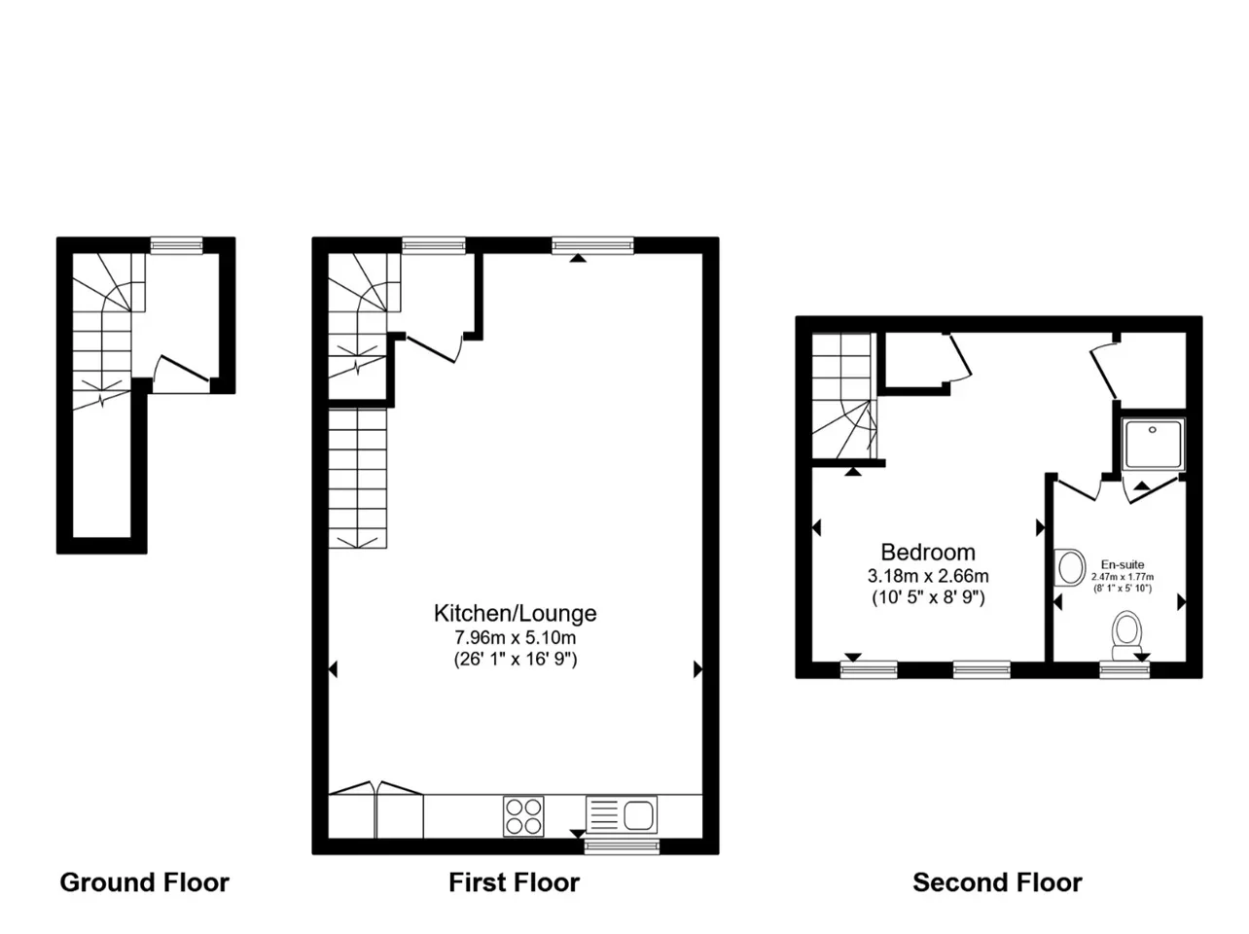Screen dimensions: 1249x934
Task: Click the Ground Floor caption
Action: click(x=145, y=882)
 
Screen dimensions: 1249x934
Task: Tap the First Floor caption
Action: click(x=514, y=882)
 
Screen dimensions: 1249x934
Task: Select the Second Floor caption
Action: click(x=997, y=882)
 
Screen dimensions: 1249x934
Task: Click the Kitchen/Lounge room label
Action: click(x=515, y=613)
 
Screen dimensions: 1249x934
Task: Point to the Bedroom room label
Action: click(x=927, y=552)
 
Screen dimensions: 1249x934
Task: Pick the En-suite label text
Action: click(x=1123, y=564)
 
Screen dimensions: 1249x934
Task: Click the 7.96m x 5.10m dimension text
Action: click(x=515, y=637)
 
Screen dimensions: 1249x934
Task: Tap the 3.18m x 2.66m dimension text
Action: click(x=927, y=576)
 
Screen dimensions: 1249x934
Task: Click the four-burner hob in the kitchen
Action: click(x=523, y=816)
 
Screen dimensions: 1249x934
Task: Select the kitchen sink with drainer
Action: click(x=622, y=814)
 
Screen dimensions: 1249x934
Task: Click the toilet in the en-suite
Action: click(x=1126, y=635)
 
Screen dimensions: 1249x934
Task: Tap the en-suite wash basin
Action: click(x=1070, y=567)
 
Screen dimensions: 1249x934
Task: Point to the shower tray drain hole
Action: click(x=1153, y=430)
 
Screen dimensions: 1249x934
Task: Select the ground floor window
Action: click(x=176, y=245)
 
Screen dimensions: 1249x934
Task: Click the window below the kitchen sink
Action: click(x=622, y=846)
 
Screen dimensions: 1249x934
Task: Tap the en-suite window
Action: click(x=1124, y=670)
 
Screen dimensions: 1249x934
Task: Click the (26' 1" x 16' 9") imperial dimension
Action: click(x=515, y=659)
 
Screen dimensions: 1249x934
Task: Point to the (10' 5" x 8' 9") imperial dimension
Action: click(x=928, y=597)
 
